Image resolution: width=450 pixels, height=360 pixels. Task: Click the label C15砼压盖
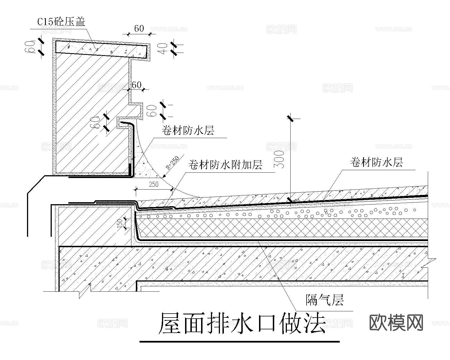[61, 22]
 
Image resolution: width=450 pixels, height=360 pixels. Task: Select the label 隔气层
[325, 300]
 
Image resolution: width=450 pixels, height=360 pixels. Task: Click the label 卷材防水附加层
[225, 165]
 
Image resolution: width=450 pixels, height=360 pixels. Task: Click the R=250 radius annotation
[172, 163]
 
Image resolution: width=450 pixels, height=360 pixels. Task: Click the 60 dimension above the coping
[139, 28]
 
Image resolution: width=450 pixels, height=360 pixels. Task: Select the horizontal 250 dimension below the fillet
[154, 184]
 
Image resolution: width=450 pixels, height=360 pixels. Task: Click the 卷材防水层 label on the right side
[376, 162]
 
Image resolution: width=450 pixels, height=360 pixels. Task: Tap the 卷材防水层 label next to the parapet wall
[188, 130]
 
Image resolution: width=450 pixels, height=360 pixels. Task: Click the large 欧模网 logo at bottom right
[396, 322]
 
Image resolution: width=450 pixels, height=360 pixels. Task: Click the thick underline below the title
[239, 342]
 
